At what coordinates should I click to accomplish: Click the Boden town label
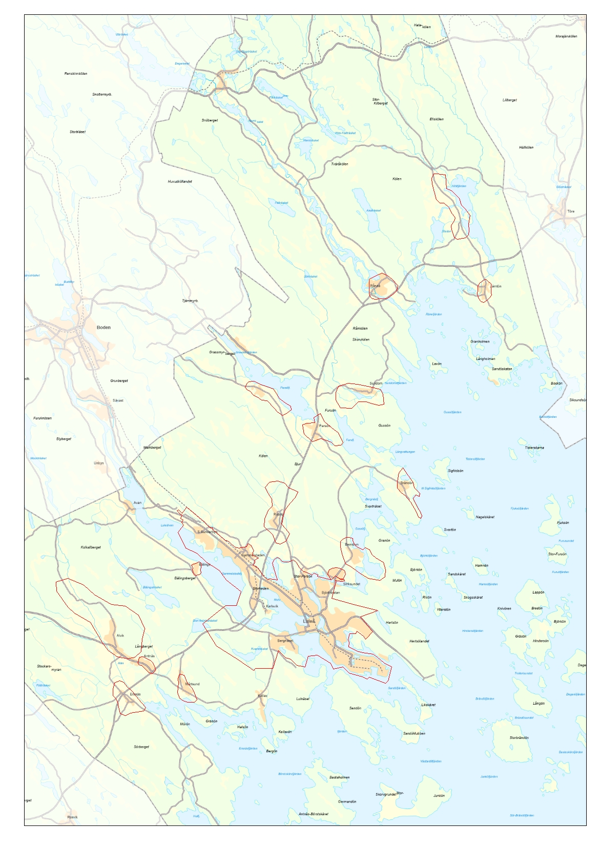(104, 327)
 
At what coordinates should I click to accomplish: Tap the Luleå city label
(309, 621)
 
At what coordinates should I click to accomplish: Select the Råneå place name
(375, 286)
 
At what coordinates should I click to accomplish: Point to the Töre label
(571, 211)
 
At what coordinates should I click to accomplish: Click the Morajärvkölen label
(566, 36)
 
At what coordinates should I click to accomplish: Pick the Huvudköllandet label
(180, 181)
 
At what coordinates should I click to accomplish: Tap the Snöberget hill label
(210, 120)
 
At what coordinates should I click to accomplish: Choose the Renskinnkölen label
(76, 74)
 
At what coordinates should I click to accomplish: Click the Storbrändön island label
(519, 738)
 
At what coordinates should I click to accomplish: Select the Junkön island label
(439, 796)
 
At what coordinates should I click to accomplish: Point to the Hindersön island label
(541, 641)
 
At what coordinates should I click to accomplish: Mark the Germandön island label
(347, 802)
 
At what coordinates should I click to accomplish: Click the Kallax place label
(262, 696)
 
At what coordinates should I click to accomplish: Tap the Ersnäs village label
(135, 694)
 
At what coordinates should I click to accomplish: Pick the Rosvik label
(72, 817)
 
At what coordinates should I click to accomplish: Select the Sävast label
(118, 400)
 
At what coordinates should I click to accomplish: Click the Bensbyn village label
(352, 544)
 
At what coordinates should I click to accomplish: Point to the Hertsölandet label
(419, 641)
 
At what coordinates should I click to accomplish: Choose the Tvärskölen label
(339, 164)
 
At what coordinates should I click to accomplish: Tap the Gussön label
(384, 426)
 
